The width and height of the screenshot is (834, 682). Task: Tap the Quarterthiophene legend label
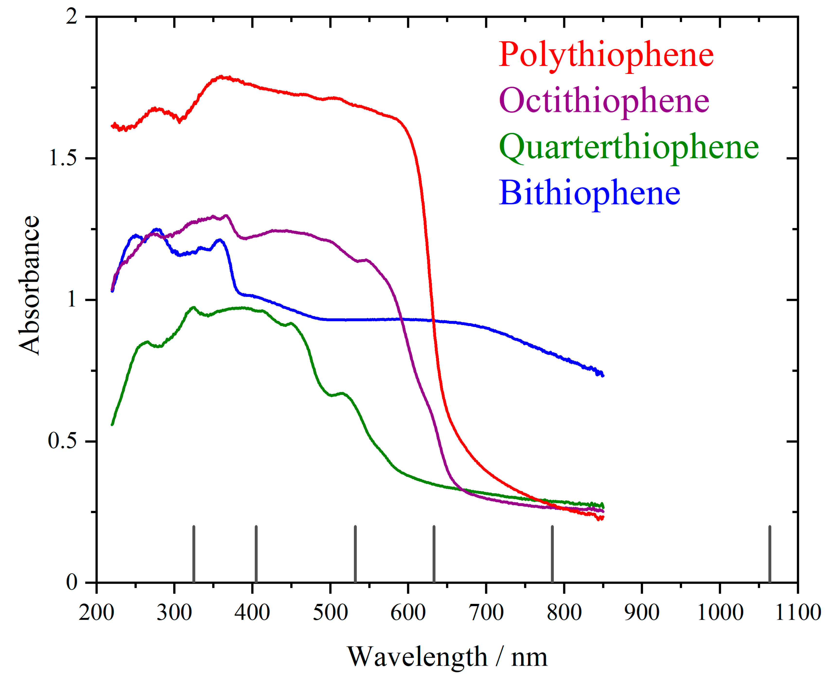628,147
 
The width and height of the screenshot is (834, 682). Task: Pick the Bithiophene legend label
589,193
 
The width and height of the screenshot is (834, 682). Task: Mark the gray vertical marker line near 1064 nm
770,554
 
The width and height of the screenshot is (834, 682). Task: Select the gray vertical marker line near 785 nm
552,554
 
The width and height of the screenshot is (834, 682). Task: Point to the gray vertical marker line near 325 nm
194,554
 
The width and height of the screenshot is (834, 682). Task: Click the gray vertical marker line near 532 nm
355,554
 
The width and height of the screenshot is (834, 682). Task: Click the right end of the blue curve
602,376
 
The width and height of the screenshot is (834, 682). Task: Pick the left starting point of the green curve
112,424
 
